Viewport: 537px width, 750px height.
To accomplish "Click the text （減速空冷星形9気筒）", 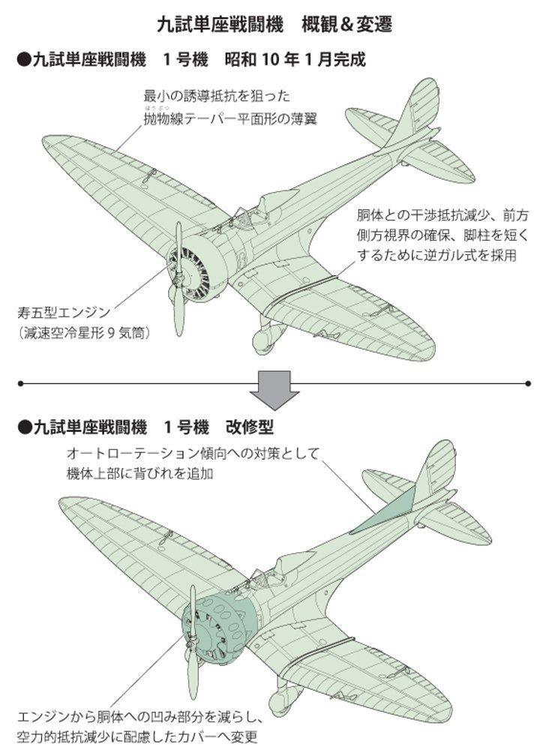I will coord(83,331).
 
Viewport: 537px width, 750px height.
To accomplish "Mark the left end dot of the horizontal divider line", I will coord(20,383).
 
